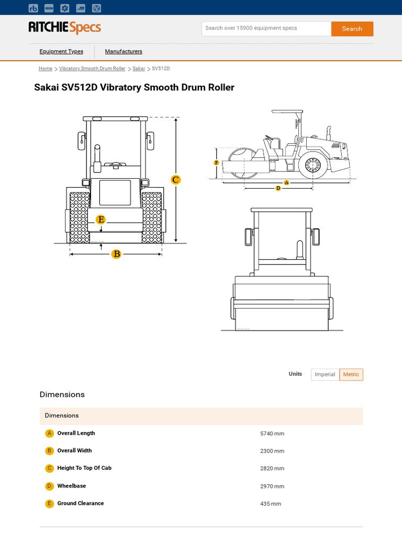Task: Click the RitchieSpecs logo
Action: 64,28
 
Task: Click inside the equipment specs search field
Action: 266,29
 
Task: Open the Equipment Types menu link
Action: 61,52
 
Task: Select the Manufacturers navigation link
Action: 124,52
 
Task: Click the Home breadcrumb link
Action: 46,69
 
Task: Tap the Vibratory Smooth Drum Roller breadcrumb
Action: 92,69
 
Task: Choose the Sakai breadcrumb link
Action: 139,69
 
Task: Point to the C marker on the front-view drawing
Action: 176,180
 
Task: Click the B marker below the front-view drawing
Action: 116,254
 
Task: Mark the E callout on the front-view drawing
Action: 101,220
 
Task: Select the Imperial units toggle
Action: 325,375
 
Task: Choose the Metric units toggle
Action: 351,375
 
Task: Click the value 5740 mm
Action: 272,434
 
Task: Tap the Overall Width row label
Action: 74,451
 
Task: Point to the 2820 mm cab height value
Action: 272,469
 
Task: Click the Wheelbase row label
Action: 72,486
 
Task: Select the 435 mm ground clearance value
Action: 271,504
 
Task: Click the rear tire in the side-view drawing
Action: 313,166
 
